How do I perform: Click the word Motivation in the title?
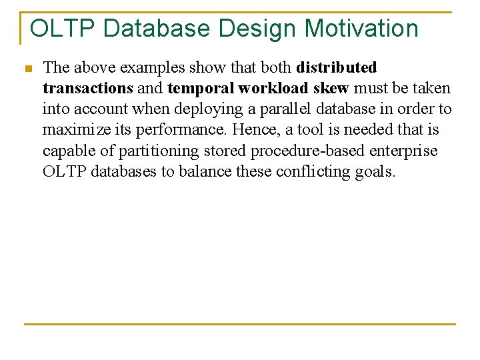point(361,29)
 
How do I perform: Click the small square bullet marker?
point(27,69)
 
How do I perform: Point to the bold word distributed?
point(337,68)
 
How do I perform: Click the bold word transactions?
point(88,89)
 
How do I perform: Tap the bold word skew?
point(331,89)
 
